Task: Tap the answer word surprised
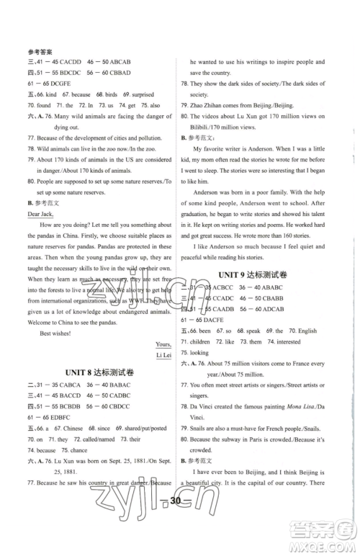point(141,95)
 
